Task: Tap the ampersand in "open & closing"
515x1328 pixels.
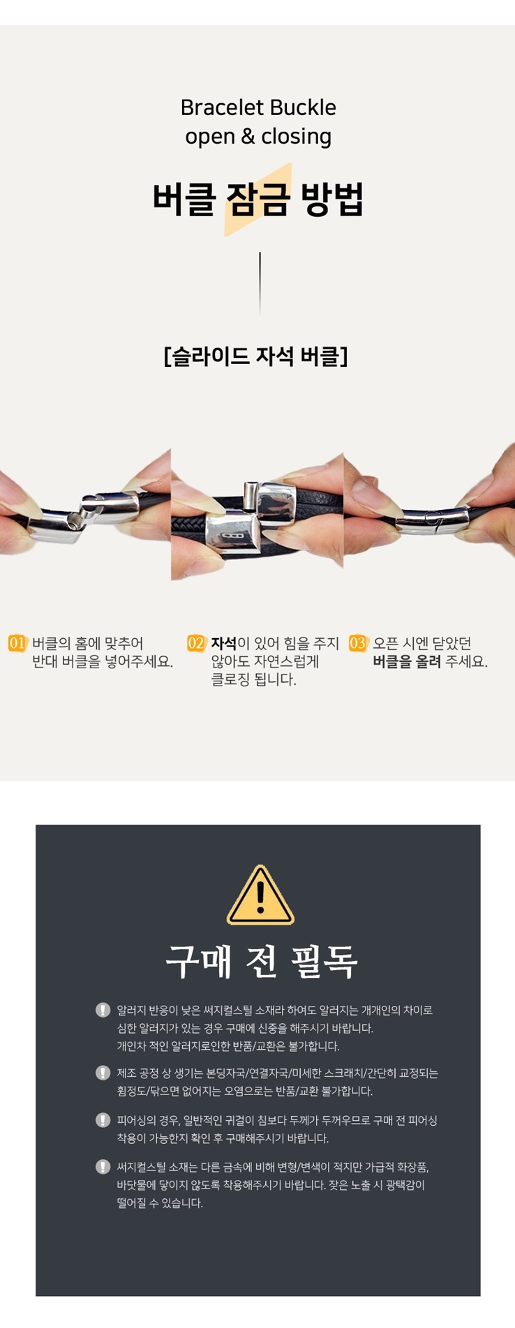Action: pos(248,137)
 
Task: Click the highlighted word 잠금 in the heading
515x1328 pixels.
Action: pos(257,199)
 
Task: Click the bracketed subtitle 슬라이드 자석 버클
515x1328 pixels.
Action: pos(256,356)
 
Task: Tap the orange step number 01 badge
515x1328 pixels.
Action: pos(17,643)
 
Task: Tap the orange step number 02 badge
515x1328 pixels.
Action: pos(196,643)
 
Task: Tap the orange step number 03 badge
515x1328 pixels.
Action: pos(357,643)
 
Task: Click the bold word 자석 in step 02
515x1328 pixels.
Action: pos(224,643)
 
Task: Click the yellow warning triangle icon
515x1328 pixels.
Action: pos(260,895)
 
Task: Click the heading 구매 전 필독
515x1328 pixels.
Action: pos(261,961)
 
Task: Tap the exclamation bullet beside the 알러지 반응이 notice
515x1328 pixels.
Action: pos(103,1010)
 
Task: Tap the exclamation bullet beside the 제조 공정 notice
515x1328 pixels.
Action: pos(103,1073)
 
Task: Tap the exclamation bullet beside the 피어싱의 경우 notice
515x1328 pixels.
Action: pos(103,1120)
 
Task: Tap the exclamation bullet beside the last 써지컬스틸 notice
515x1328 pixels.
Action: pos(103,1166)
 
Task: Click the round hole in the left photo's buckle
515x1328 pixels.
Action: pos(75,518)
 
